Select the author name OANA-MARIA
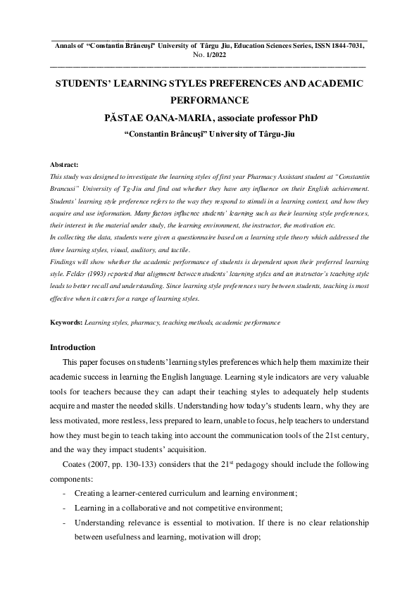[x=173, y=118]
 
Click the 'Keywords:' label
[x=66, y=323]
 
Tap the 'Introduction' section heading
[x=77, y=347]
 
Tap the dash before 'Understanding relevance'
[x=65, y=523]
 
